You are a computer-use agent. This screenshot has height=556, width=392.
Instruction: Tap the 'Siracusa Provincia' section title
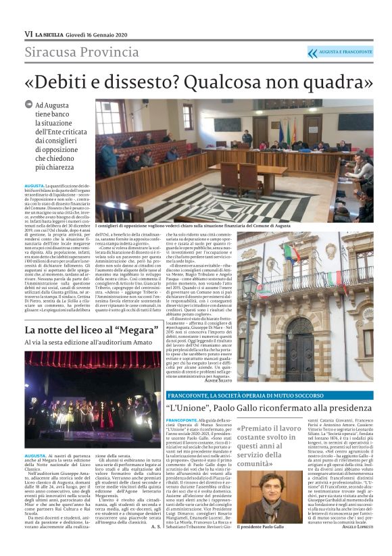[82, 53]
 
